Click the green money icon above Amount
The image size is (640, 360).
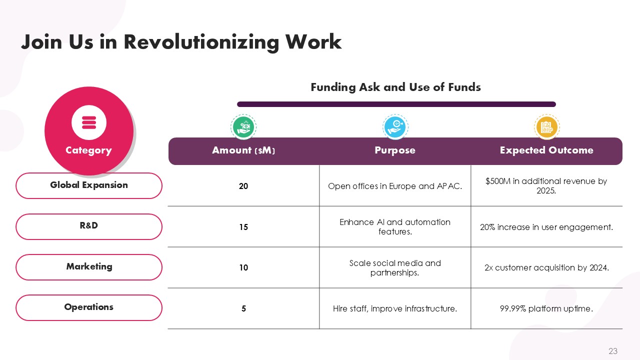pos(243,127)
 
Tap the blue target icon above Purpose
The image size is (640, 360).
pos(395,127)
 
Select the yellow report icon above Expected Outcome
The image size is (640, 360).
pos(547,127)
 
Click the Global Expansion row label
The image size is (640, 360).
pos(89,185)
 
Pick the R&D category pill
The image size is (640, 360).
pos(89,226)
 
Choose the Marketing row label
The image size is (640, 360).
pos(89,267)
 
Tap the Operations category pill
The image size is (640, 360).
pos(89,307)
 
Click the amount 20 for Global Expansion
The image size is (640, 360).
pos(243,186)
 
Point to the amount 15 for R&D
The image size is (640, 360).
pos(243,227)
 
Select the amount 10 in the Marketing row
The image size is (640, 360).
pos(243,267)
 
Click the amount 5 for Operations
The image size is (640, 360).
pos(243,308)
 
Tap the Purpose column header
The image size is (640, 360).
pos(395,150)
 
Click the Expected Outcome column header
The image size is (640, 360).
pos(546,150)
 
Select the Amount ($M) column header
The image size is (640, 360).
pos(243,150)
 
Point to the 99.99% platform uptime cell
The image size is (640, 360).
pos(546,308)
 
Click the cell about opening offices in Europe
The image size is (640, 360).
pos(395,186)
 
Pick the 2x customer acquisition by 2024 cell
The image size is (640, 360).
pos(546,267)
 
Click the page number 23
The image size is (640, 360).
pos(613,351)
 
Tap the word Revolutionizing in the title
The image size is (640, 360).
pos(201,42)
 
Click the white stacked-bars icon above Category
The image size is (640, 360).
pos(89,122)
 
